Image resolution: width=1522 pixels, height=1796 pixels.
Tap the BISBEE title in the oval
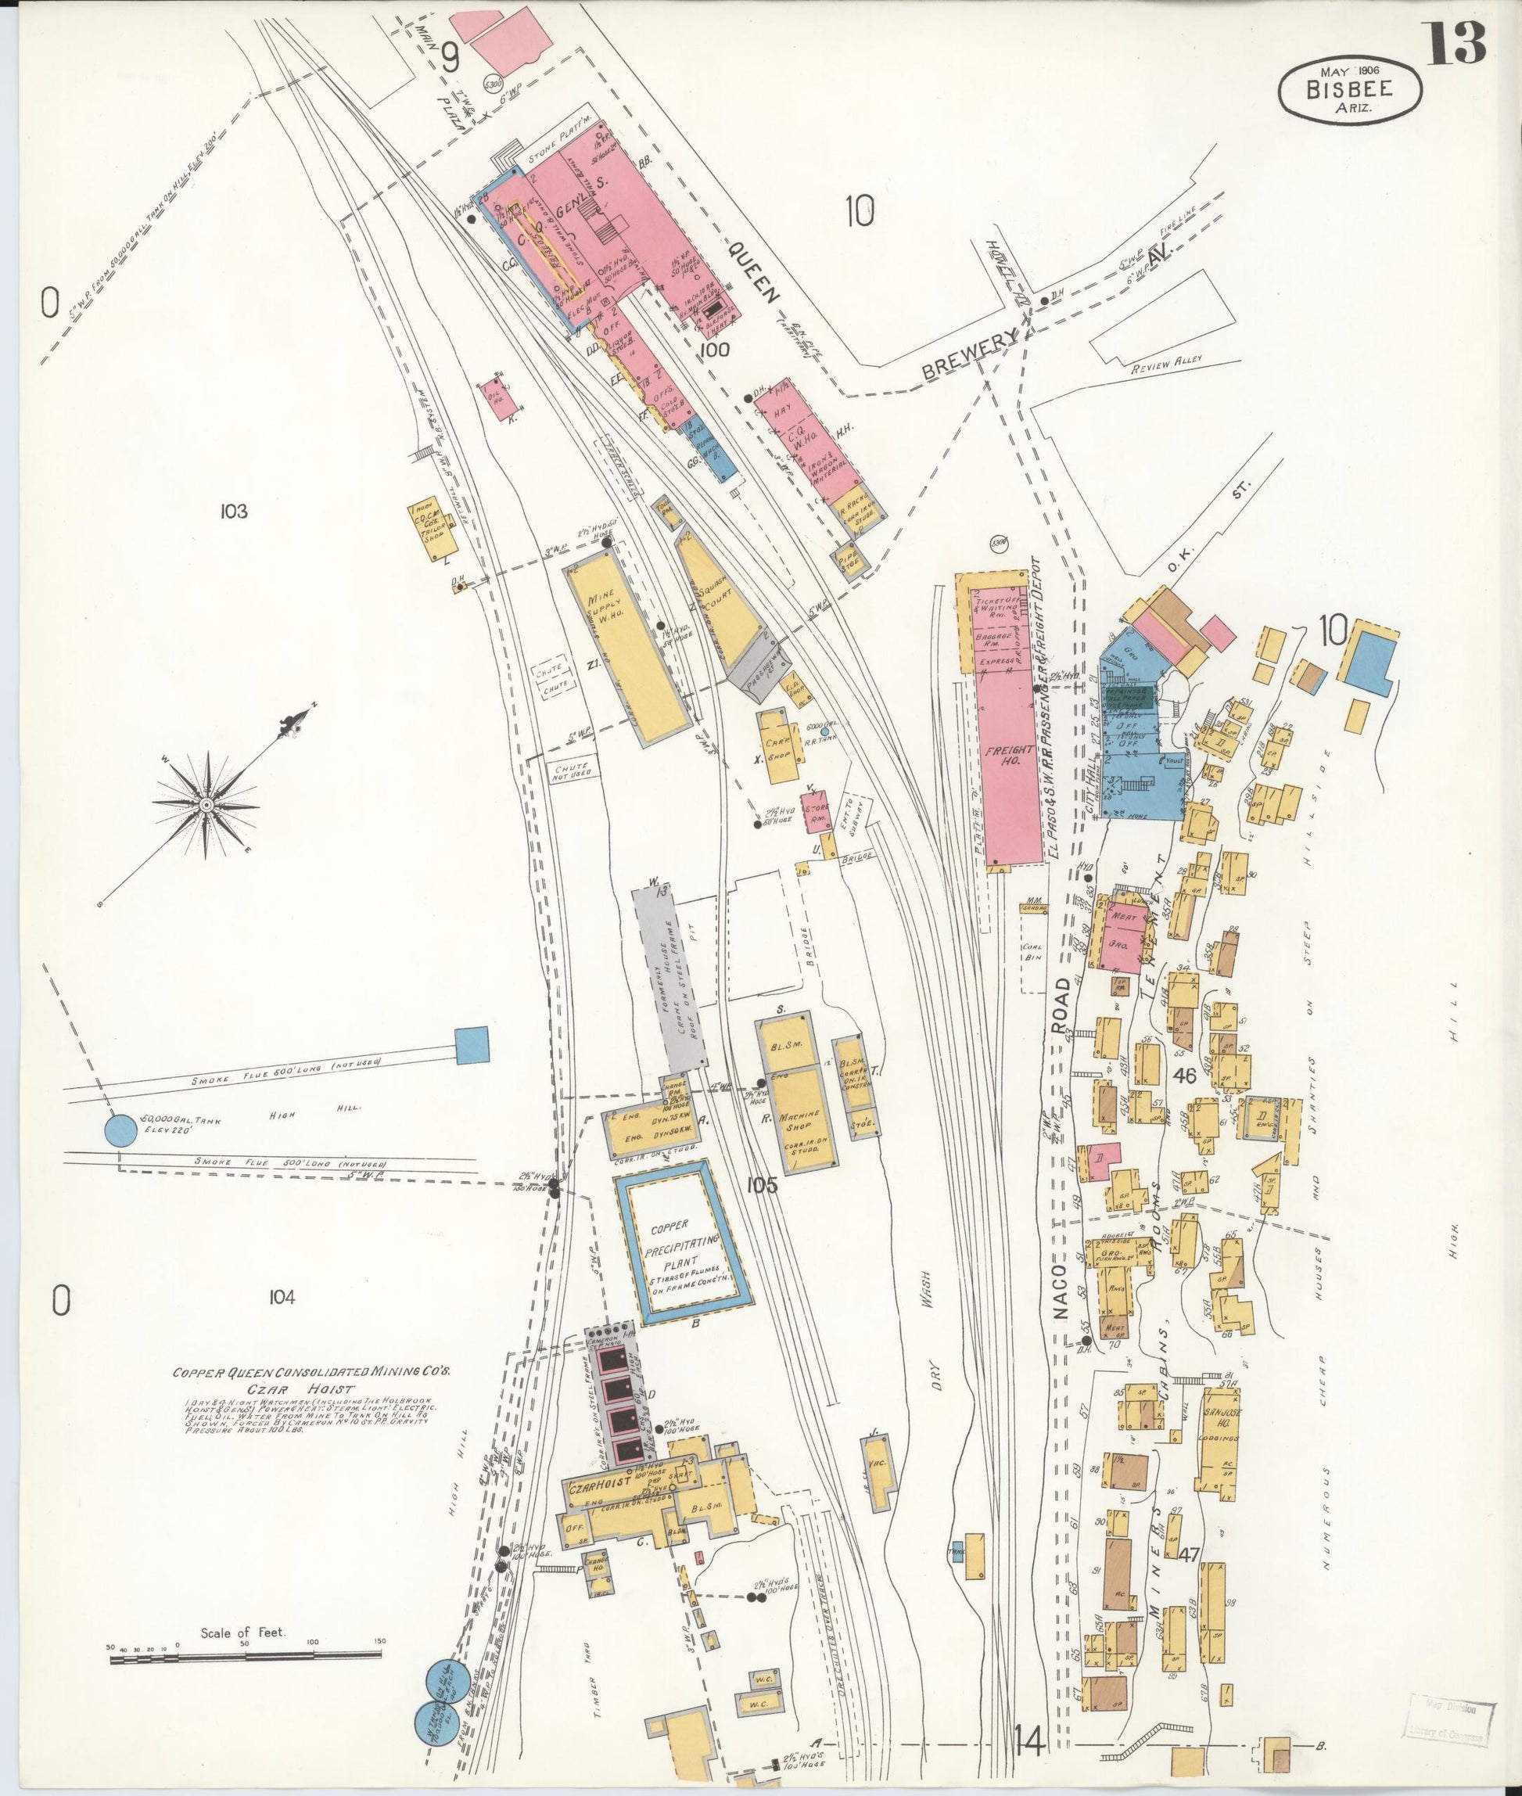pyautogui.click(x=1351, y=90)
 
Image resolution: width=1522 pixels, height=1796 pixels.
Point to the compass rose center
pyautogui.click(x=207, y=804)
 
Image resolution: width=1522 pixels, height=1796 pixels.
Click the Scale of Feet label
pyautogui.click(x=243, y=1633)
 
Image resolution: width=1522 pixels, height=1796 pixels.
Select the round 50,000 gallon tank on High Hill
pyautogui.click(x=120, y=1130)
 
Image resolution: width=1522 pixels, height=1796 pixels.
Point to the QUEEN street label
pyautogui.click(x=753, y=270)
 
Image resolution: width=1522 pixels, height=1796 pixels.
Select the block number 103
pyautogui.click(x=233, y=512)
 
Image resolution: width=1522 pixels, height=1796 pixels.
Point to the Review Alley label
pyautogui.click(x=1166, y=365)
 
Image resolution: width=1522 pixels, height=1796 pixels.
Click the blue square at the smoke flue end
pyautogui.click(x=470, y=1044)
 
